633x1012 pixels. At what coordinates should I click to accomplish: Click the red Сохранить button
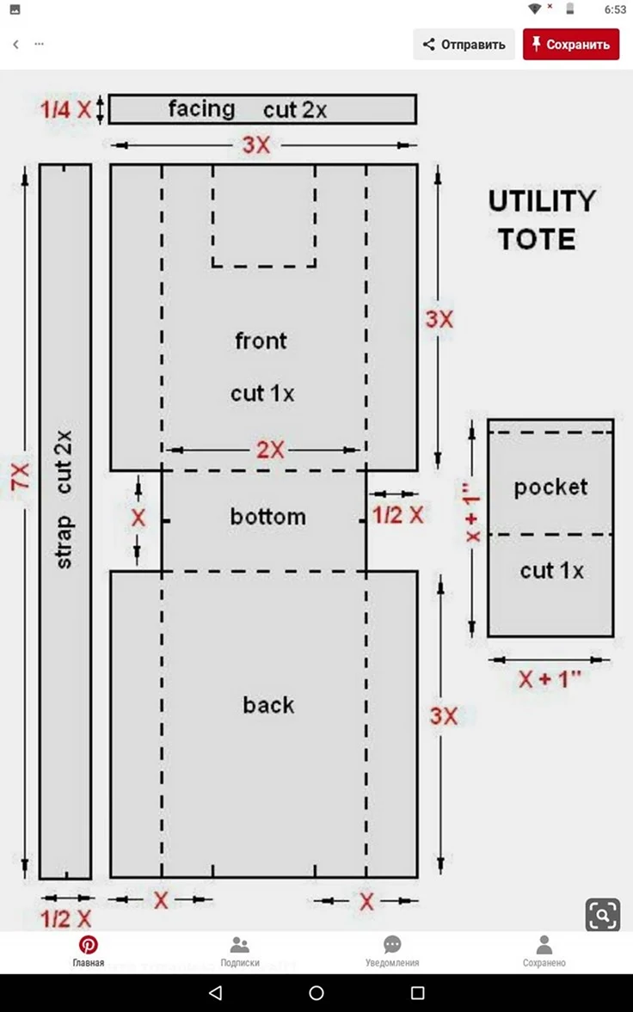tap(571, 45)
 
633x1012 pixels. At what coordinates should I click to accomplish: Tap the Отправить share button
tap(464, 45)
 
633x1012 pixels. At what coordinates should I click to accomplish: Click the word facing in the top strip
tap(201, 109)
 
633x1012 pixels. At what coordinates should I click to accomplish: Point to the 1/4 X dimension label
tap(66, 109)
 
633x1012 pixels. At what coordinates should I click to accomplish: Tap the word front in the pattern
tap(261, 340)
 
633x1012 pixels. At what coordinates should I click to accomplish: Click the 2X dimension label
tap(270, 449)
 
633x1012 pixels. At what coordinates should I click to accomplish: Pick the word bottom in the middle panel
tap(268, 517)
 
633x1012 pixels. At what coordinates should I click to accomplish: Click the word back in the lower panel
tap(268, 705)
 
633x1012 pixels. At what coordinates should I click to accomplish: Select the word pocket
tap(551, 488)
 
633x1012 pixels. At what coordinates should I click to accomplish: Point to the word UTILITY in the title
tap(541, 201)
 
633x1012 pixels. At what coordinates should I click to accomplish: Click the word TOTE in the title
tap(536, 239)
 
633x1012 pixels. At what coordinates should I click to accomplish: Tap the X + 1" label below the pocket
tap(550, 679)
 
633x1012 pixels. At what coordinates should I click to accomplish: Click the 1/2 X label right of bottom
tap(398, 515)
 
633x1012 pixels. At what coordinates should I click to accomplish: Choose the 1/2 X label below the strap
tap(66, 919)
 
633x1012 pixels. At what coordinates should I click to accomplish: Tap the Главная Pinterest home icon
tap(89, 946)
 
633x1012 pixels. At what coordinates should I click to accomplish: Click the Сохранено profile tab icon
tap(544, 946)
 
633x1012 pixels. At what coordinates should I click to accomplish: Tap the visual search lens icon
tap(603, 914)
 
